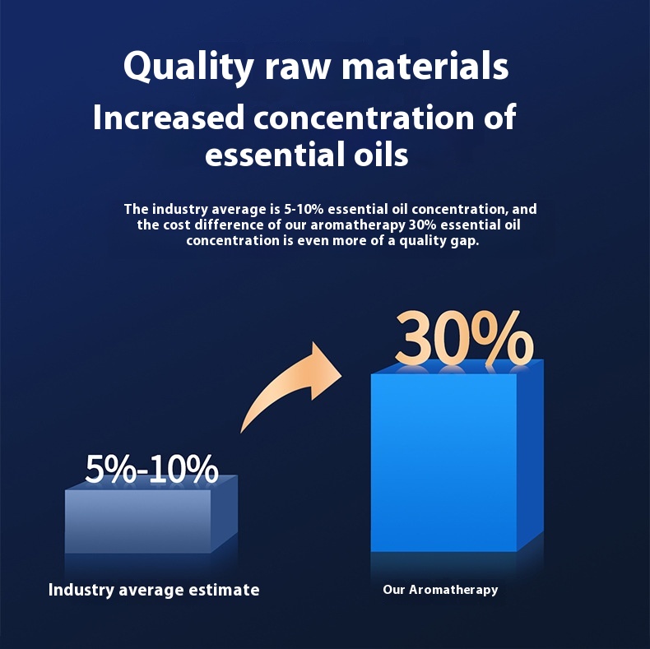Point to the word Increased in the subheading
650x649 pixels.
(x=169, y=118)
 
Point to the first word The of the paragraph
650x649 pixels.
(x=136, y=210)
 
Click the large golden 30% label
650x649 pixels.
(x=463, y=337)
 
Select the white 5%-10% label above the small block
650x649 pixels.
(x=152, y=469)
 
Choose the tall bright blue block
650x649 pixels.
(x=444, y=461)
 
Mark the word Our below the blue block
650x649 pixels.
(x=394, y=590)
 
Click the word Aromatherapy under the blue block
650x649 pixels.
(x=453, y=590)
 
